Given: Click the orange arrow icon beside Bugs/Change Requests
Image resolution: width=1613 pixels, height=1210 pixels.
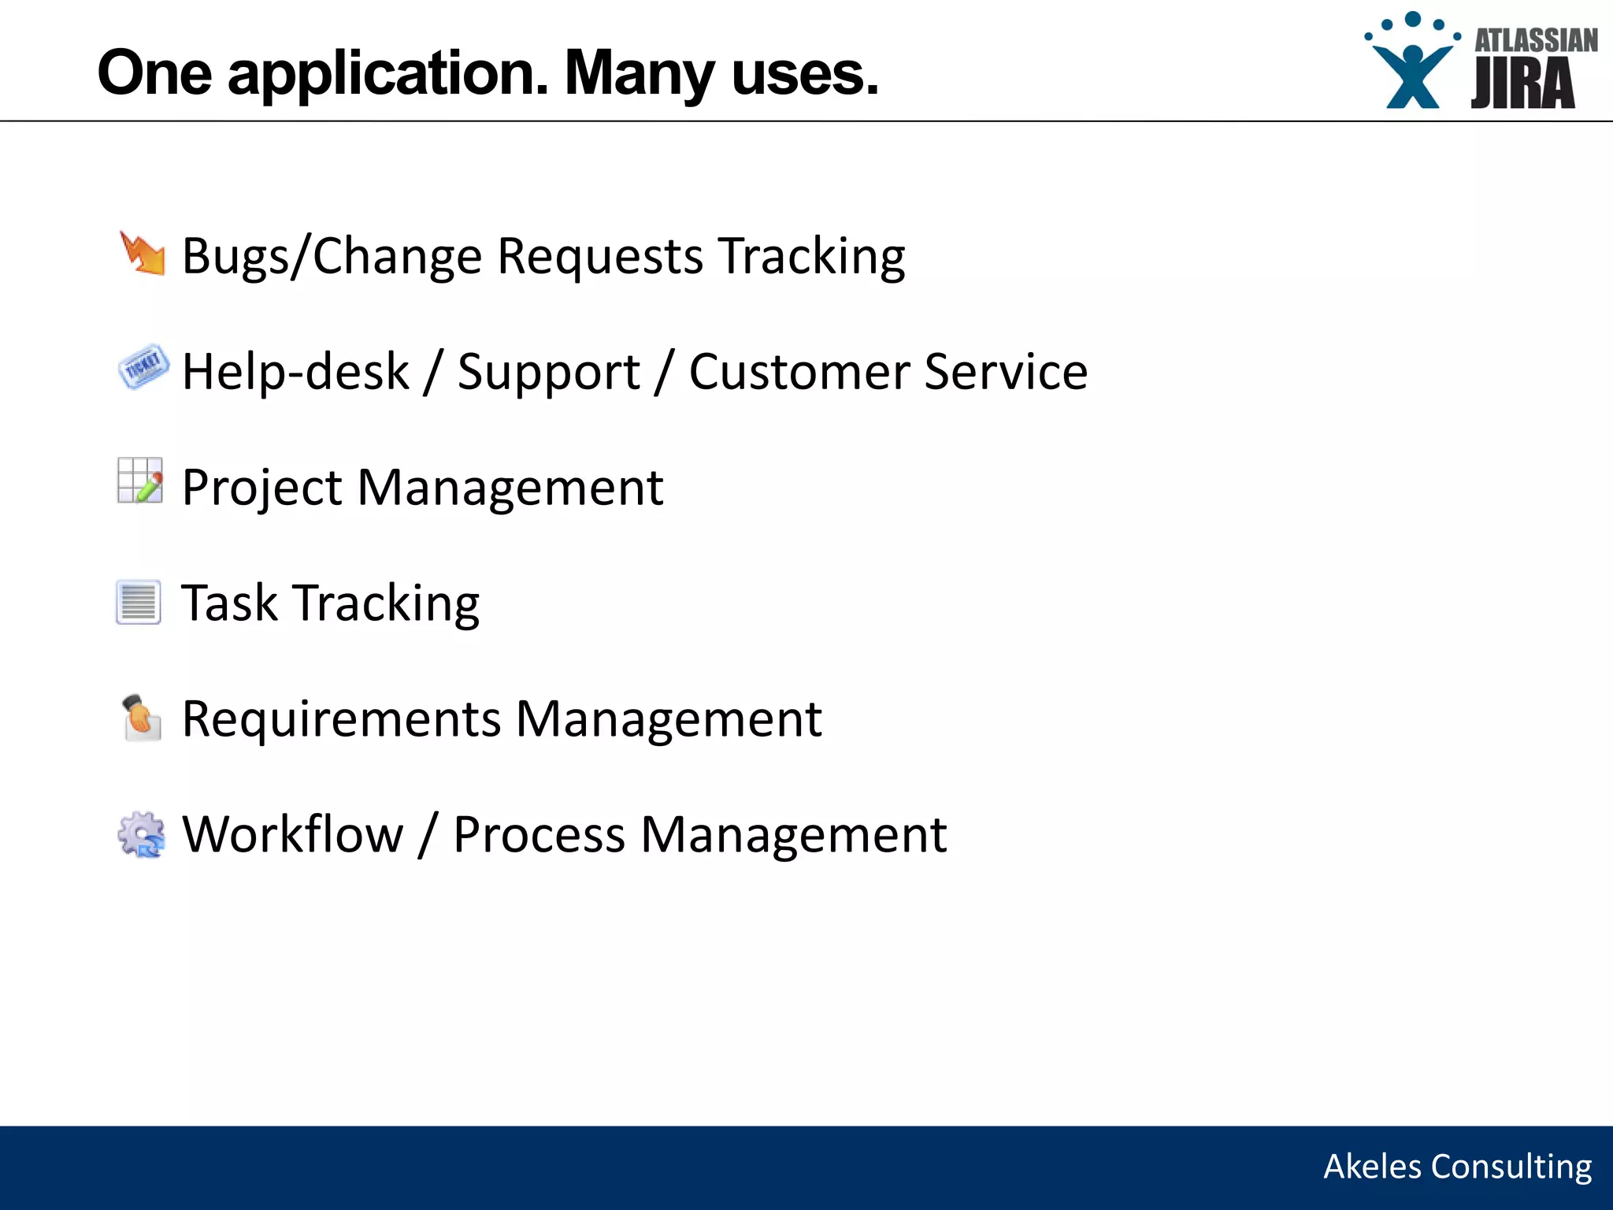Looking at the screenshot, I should pos(143,254).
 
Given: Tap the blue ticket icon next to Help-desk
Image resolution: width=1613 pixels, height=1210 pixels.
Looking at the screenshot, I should pos(143,367).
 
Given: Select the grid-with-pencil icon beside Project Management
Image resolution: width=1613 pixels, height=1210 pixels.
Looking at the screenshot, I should pos(140,481).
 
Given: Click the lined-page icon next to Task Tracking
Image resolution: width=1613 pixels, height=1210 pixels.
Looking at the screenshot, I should pos(139,603).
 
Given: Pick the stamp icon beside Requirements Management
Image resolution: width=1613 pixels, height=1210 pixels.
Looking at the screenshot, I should pos(141,718).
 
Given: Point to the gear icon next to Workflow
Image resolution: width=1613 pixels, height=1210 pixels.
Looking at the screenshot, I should pos(141,834).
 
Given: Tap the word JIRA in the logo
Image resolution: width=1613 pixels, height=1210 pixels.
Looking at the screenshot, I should pos(1522,84).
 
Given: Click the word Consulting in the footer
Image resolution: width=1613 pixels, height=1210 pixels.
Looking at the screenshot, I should pos(1511,1167).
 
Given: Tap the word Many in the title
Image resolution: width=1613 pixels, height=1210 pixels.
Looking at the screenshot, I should pos(639,74).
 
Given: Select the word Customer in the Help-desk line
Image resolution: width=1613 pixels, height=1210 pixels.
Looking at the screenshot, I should pos(799,372).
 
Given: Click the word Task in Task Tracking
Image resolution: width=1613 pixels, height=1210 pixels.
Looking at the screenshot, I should pos(229,603).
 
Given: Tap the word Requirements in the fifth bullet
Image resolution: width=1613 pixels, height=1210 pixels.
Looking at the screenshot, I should pos(341,720).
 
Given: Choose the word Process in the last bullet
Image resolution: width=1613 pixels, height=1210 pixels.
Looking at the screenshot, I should pos(540,835).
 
